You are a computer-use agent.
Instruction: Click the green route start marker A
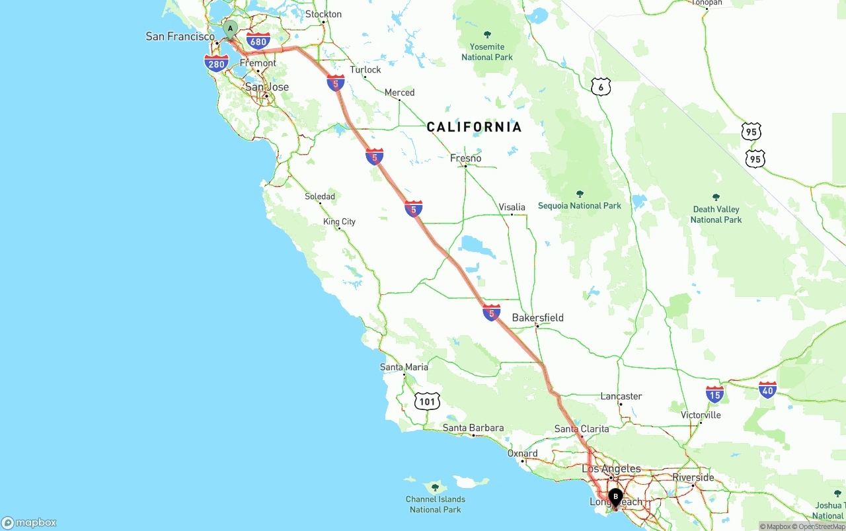pos(230,29)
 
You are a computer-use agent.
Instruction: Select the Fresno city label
pos(465,158)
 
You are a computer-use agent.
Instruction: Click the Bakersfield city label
pos(537,317)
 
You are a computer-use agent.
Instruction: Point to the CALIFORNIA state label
pos(474,127)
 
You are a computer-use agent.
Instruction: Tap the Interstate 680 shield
pos(258,41)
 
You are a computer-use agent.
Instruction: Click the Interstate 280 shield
pos(216,63)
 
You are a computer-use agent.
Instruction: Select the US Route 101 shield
pos(428,401)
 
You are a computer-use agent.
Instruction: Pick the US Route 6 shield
pos(600,87)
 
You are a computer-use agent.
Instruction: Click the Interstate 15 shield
pos(714,395)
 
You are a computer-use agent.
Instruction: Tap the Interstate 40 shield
pos(767,389)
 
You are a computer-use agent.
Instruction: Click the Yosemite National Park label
pos(487,52)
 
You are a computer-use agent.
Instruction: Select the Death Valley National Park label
pos(716,214)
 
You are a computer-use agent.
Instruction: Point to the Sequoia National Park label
pos(580,206)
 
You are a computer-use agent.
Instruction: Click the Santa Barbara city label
pos(473,428)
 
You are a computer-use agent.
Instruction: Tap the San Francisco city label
pos(180,36)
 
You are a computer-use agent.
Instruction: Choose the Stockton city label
pos(324,14)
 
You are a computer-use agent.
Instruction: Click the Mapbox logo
pos(29,522)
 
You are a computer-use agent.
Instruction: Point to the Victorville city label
pos(701,415)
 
